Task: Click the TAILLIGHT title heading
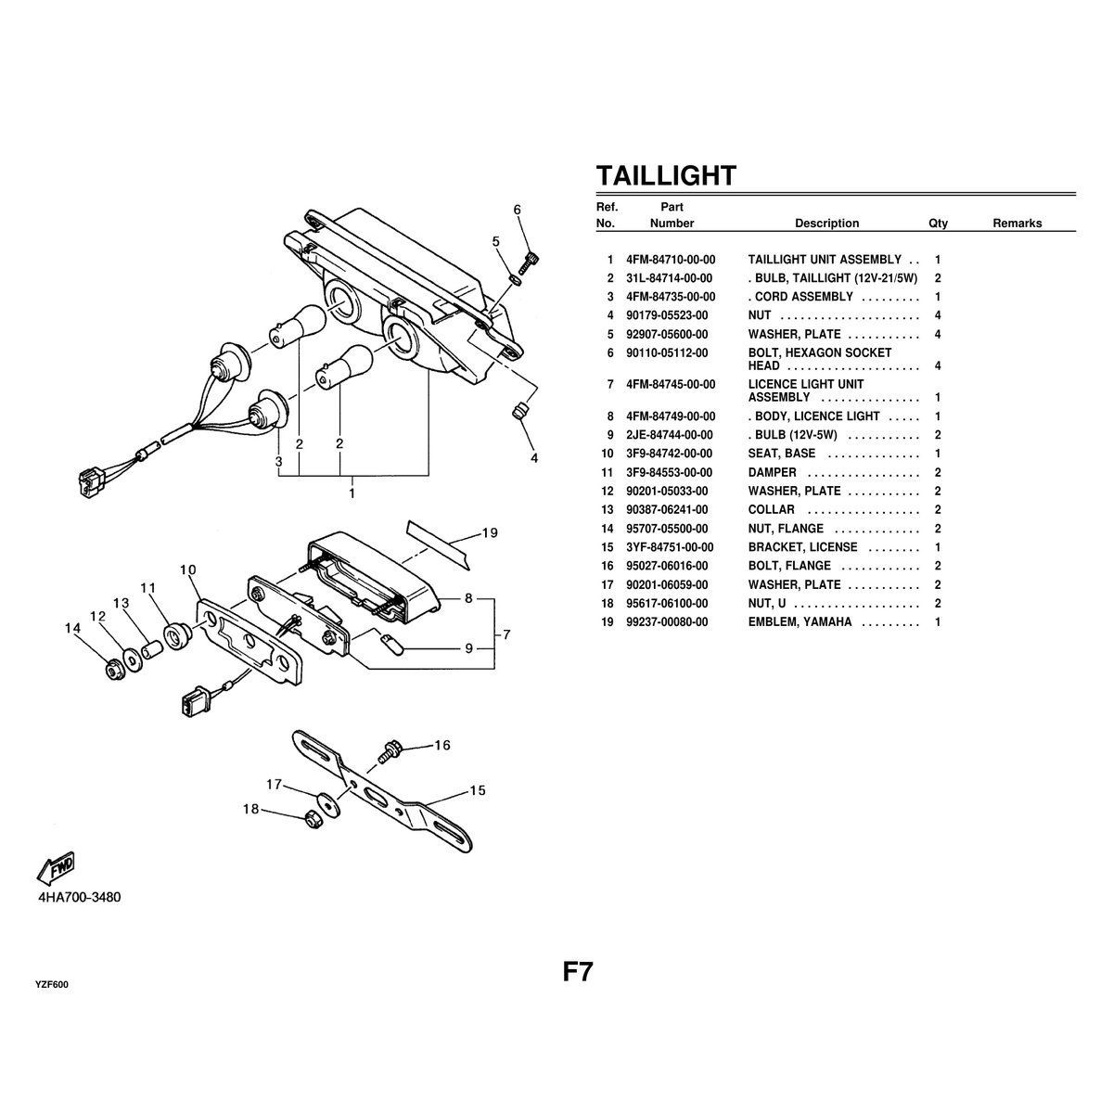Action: pos(666,175)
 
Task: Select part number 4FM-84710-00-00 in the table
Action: pos(671,260)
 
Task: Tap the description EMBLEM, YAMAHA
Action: pos(800,621)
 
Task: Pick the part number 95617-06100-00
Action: pos(667,603)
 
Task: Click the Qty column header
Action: pos(938,224)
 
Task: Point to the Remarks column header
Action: pos(1017,224)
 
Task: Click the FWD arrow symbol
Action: pos(55,867)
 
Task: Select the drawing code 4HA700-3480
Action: pos(79,898)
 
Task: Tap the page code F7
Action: pos(578,972)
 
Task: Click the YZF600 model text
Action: pos(51,985)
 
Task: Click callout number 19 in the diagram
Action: pos(490,532)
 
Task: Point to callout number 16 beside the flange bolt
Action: pos(441,745)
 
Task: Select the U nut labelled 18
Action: pos(313,817)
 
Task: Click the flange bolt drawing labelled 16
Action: pos(387,751)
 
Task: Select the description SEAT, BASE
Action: pos(782,454)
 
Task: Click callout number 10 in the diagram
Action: pos(189,569)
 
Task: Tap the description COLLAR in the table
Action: pos(771,509)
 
